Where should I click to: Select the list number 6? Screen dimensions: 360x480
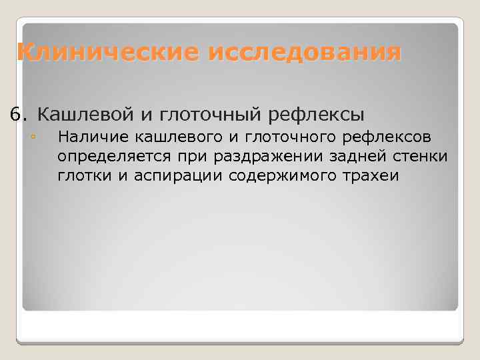17,115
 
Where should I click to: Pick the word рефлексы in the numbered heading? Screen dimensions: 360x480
316,115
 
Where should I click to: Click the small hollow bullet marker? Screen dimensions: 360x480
31,138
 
